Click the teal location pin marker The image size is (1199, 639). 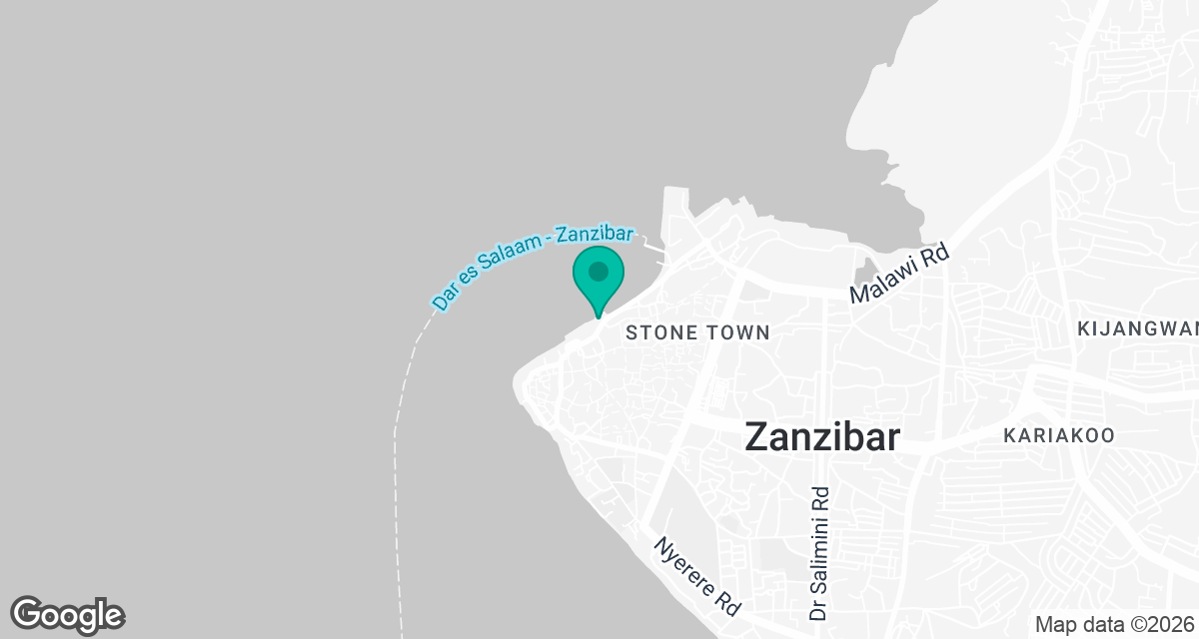(599, 281)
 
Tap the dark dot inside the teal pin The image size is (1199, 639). (599, 271)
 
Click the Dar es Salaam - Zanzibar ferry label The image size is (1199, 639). (533, 267)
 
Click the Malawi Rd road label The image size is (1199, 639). (898, 276)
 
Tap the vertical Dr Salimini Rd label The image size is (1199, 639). (820, 554)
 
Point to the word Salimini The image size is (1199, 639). (820, 544)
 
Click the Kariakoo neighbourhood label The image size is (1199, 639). (1059, 436)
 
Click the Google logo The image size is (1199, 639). (67, 614)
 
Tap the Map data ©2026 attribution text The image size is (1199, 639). (1114, 624)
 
